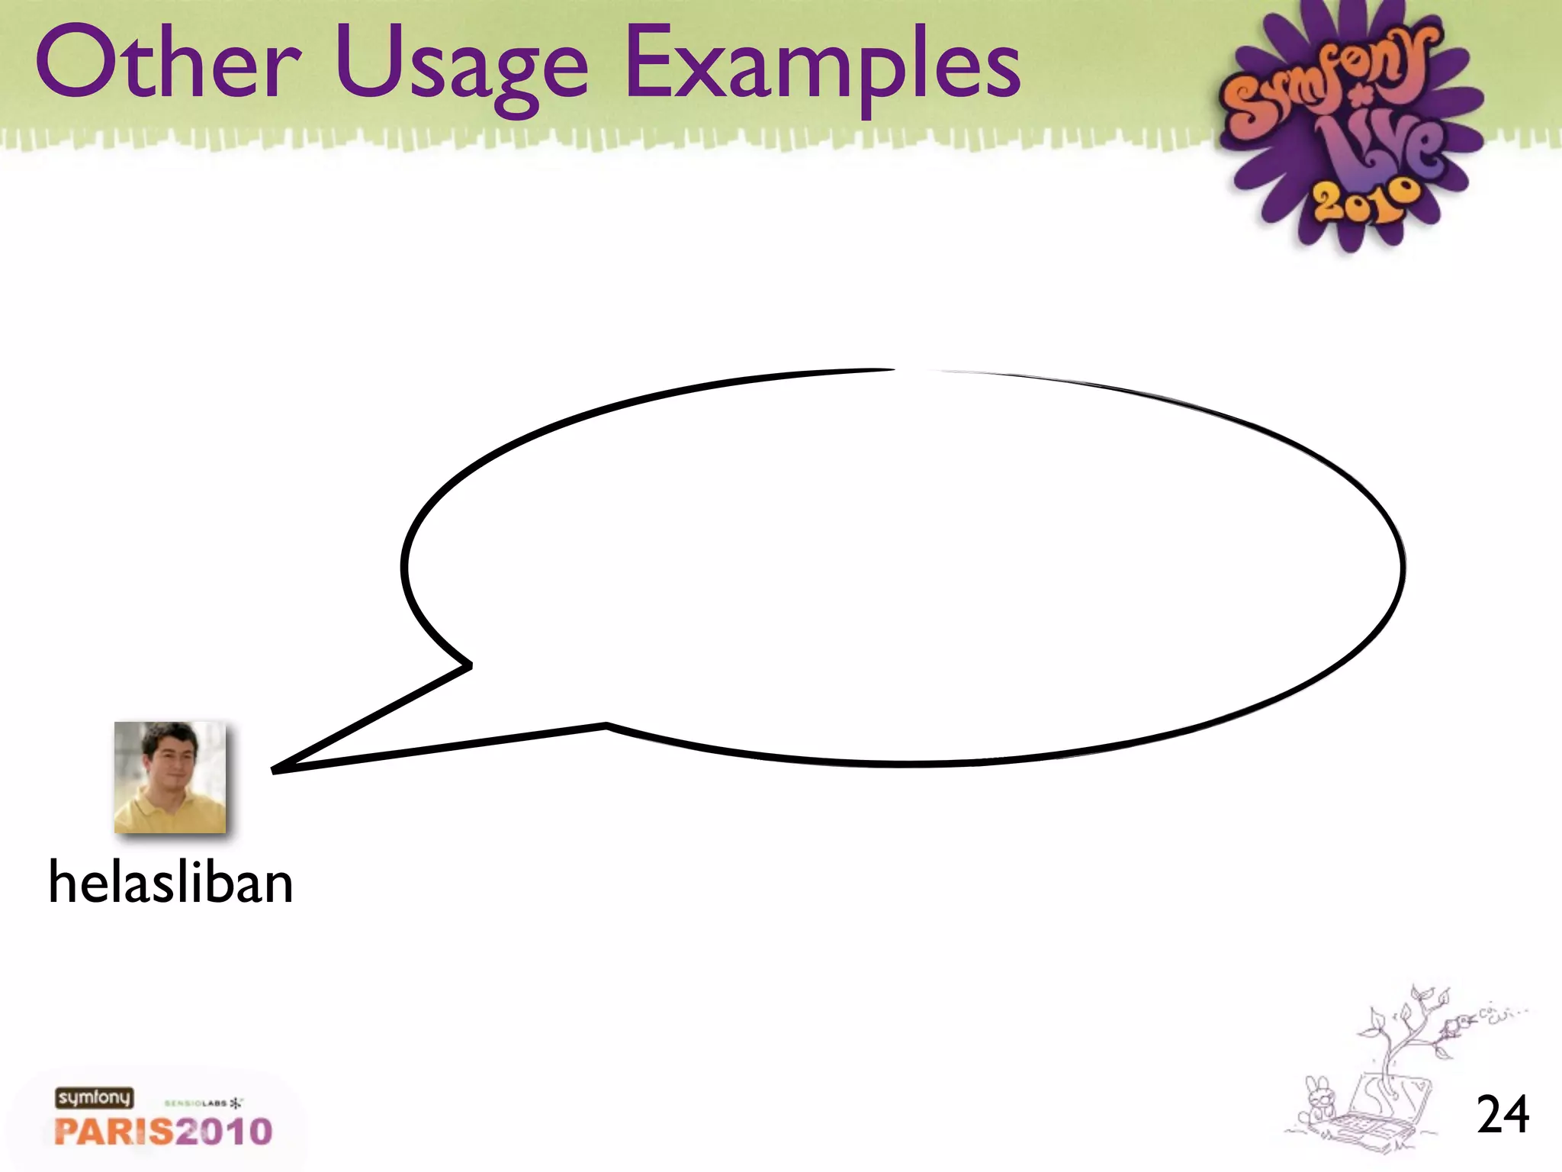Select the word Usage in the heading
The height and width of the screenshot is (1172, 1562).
tap(461, 69)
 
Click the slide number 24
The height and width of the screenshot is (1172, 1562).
tap(1503, 1115)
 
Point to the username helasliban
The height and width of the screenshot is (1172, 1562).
tap(171, 883)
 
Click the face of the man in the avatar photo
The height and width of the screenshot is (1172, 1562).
tap(172, 759)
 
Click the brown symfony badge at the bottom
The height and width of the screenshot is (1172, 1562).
tap(94, 1097)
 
